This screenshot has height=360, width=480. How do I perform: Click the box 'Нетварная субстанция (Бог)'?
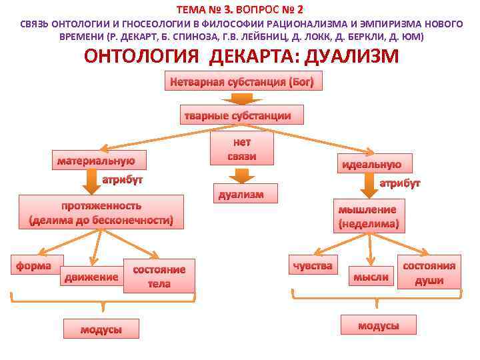(x=246, y=83)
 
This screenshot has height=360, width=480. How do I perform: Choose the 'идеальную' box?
(x=371, y=164)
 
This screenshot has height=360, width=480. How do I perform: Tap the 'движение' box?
(x=91, y=277)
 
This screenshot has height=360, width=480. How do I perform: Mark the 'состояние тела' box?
(x=159, y=276)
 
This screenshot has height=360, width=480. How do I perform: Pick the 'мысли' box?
(x=371, y=277)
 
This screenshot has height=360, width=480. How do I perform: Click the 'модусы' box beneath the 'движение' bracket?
(x=101, y=329)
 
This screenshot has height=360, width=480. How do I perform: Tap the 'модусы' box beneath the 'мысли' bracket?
(x=378, y=325)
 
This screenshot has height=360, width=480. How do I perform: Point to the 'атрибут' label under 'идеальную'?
(x=400, y=183)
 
